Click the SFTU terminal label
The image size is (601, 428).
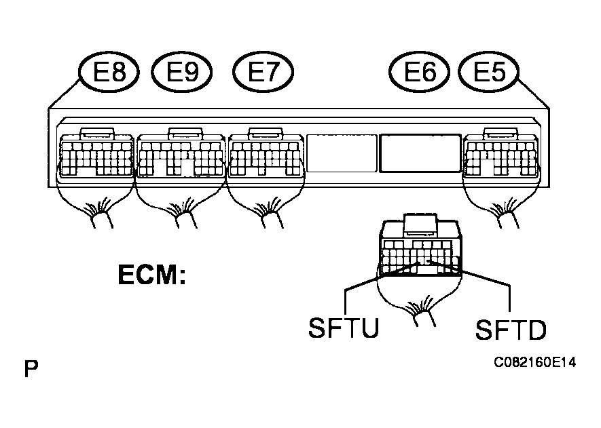[344, 328]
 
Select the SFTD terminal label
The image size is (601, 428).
[511, 330]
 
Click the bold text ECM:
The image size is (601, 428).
[152, 275]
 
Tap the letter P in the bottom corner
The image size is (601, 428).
[31, 369]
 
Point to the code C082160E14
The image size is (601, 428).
[534, 362]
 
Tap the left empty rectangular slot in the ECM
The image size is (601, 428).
[341, 153]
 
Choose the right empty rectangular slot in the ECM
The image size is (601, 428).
[420, 153]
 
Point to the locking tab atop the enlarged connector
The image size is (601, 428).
[420, 225]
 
